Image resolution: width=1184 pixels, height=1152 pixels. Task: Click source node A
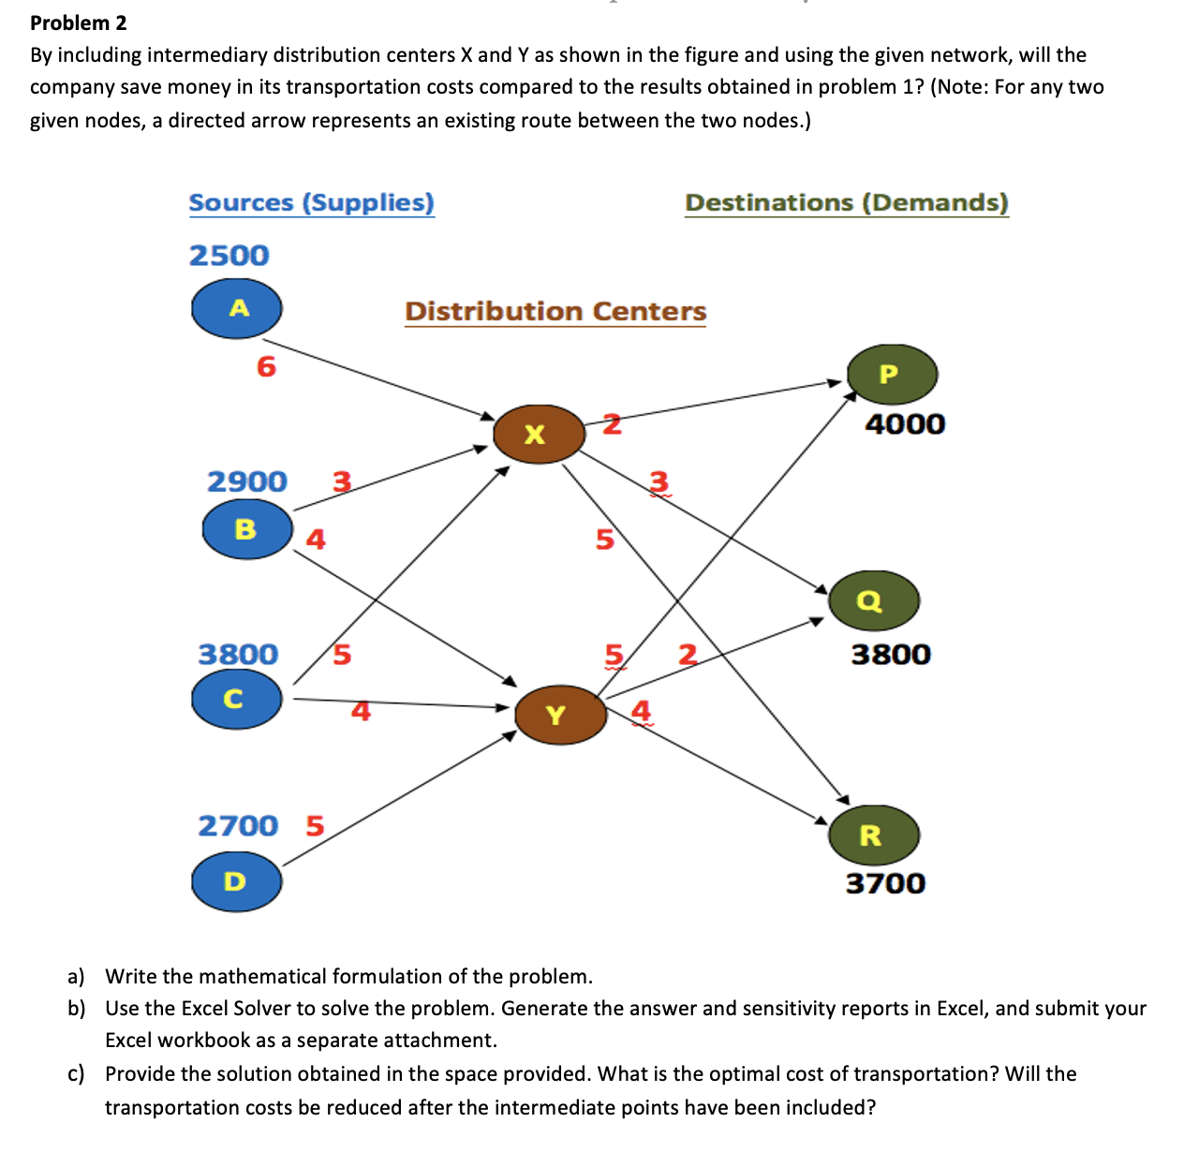237,308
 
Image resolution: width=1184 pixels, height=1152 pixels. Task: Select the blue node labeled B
247,529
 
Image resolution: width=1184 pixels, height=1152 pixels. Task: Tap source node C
236,699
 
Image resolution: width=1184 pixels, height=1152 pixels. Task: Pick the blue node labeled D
236,881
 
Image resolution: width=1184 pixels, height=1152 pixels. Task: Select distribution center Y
560,715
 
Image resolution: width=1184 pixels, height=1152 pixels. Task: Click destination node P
892,374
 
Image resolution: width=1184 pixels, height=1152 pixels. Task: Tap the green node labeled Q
873,600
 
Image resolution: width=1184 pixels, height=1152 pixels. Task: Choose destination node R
873,834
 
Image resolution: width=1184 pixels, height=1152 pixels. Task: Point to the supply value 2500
229,255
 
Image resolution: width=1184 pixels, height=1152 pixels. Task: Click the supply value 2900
246,481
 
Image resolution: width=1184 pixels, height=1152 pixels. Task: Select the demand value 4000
905,424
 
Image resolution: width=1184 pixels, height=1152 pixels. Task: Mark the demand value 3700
885,883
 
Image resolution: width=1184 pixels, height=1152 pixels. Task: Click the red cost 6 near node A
266,367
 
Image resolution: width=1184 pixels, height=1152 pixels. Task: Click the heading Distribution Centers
555,311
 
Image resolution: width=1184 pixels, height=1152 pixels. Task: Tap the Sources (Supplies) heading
311,202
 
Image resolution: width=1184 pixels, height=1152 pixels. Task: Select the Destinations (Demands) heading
846,202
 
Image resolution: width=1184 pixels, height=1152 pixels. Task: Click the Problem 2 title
79,22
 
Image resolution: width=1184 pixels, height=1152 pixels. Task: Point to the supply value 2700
238,826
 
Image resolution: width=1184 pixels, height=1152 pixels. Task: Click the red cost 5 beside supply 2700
315,826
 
